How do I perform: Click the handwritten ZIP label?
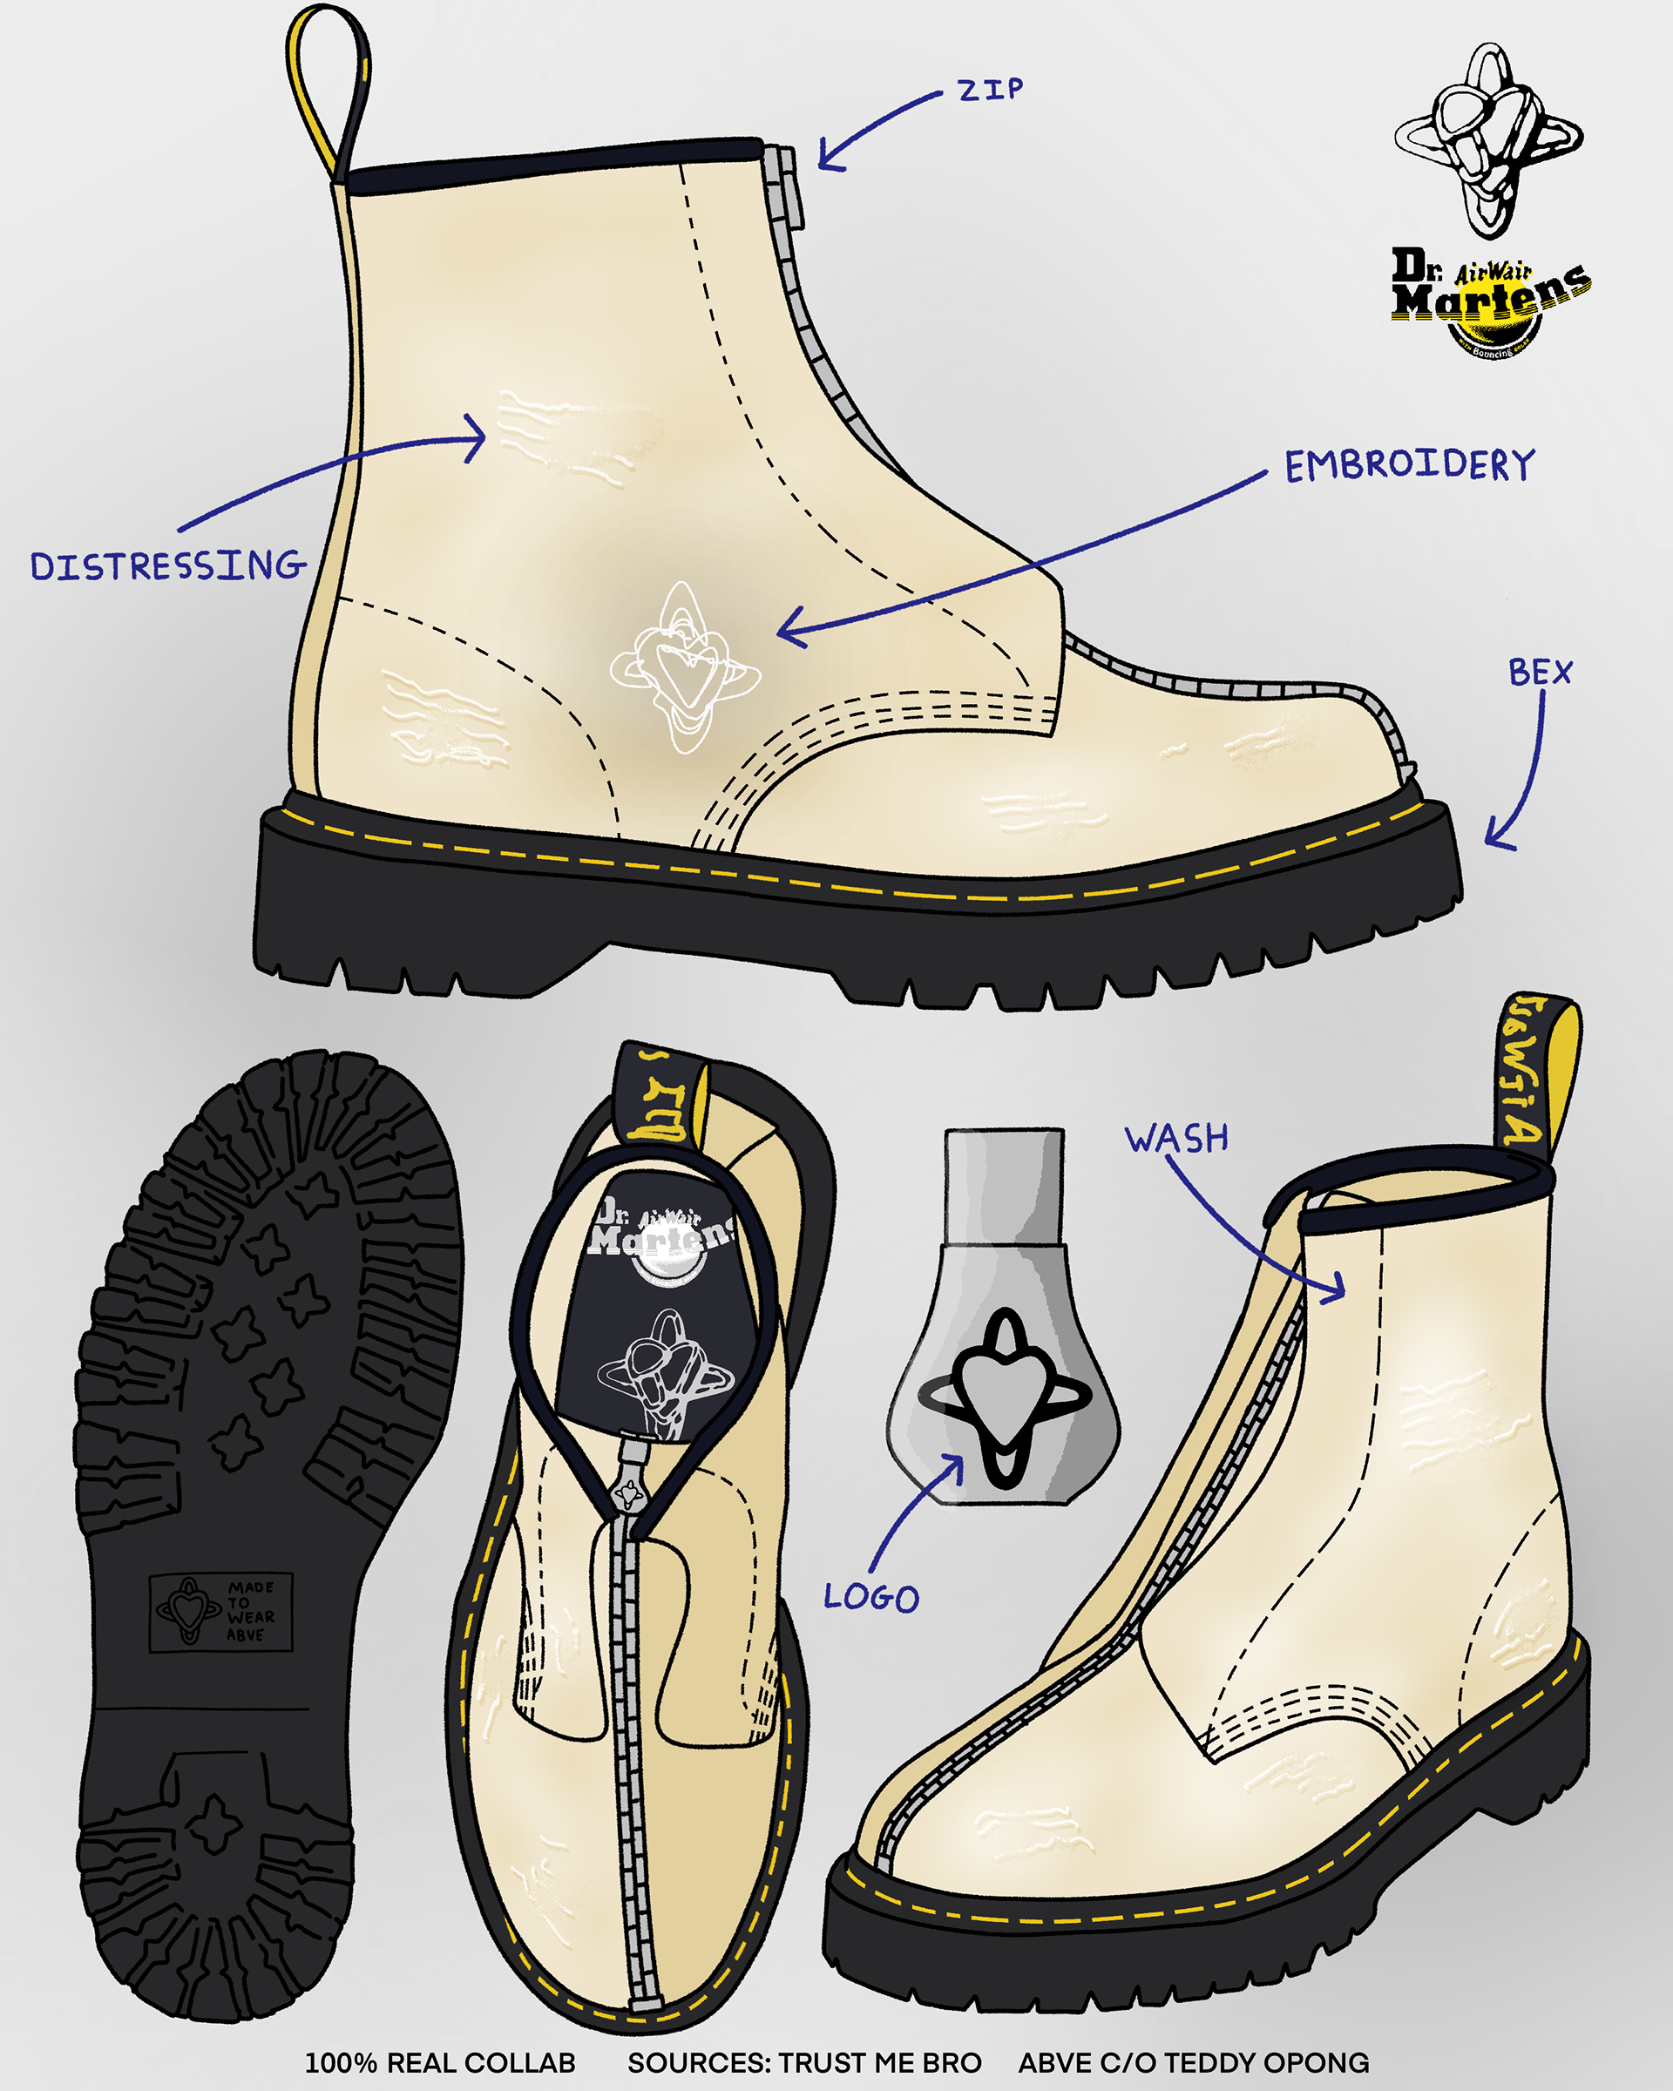pos(989,91)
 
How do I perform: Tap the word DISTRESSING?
pos(168,565)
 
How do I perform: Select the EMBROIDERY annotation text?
pos(1409,464)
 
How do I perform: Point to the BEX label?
pos(1539,672)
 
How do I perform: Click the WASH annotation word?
pos(1176,1137)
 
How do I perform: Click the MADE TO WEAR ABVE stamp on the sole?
pos(221,1612)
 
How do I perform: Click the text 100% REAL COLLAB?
pos(440,2062)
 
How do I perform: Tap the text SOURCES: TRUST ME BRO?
pos(804,2062)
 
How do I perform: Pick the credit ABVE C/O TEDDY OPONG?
pos(1194,2062)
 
